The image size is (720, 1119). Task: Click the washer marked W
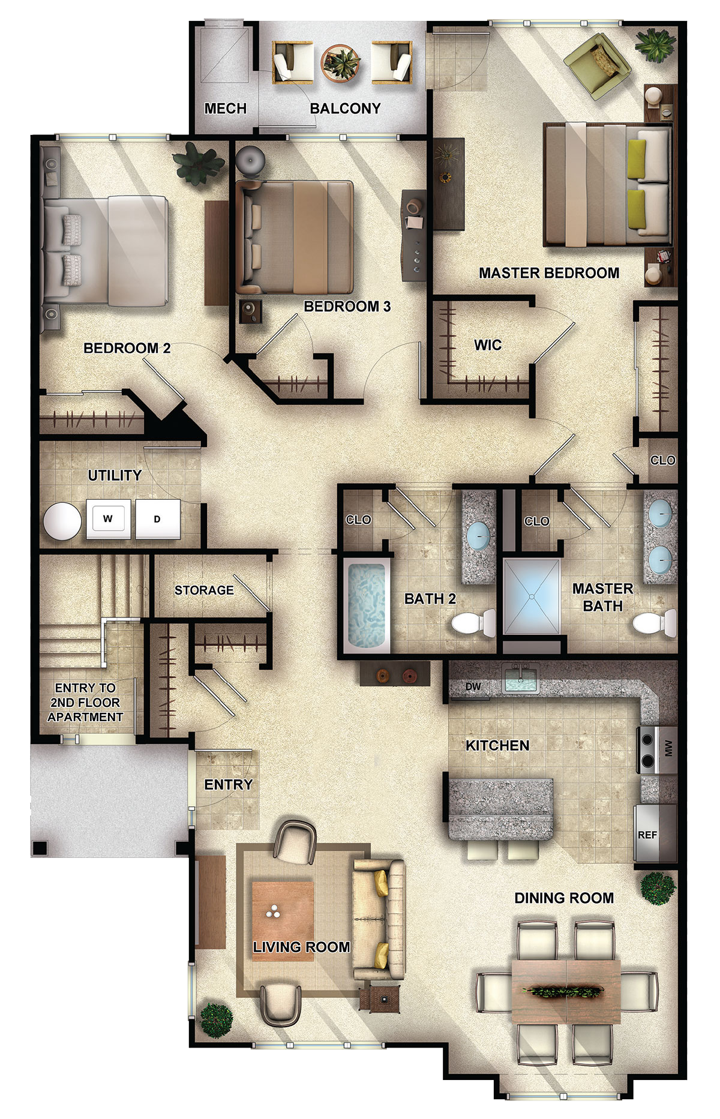pyautogui.click(x=108, y=518)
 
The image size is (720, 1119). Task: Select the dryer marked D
pyautogui.click(x=157, y=518)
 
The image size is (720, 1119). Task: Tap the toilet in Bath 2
pyautogui.click(x=473, y=623)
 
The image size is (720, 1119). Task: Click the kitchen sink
pyautogui.click(x=520, y=678)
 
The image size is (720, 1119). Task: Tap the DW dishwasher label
pyautogui.click(x=473, y=686)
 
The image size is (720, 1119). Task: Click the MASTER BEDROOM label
pyautogui.click(x=549, y=273)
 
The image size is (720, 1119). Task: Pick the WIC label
pyautogui.click(x=488, y=345)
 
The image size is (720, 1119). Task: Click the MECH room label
pyautogui.click(x=226, y=109)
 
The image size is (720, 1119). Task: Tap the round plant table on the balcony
pyautogui.click(x=340, y=62)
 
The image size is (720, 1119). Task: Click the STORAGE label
pyautogui.click(x=204, y=590)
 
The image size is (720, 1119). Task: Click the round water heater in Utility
pyautogui.click(x=62, y=521)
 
